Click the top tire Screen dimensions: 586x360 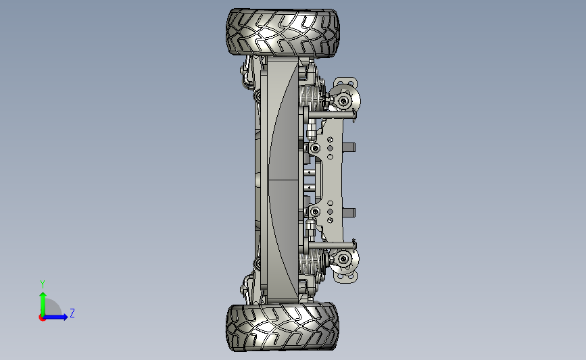tap(283, 33)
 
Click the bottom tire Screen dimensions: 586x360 tap(283, 327)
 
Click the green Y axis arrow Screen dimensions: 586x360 tap(43, 305)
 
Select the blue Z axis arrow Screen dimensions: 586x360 tap(55, 317)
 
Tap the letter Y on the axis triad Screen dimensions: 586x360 tap(43, 284)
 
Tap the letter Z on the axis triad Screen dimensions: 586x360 tap(72, 313)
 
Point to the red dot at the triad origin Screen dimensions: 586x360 tap(42, 318)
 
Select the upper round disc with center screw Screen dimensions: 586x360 tap(344, 101)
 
